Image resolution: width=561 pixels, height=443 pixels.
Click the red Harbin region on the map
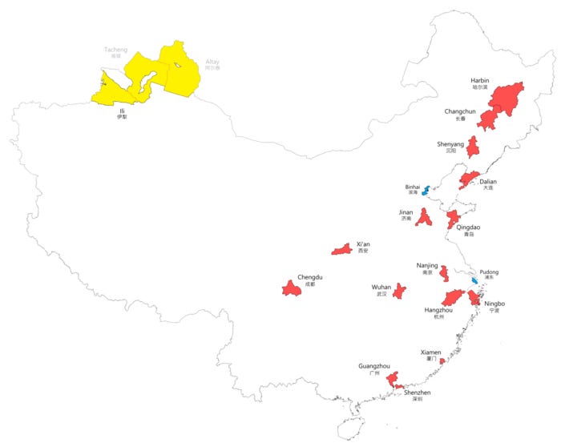[507, 98]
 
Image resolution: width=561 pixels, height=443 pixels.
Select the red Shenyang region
[473, 147]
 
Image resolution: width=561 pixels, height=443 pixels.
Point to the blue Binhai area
[426, 191]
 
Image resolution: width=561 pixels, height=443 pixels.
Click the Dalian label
[488, 182]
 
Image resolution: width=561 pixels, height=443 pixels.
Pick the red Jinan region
[424, 217]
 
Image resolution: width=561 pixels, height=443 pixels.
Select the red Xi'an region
[342, 250]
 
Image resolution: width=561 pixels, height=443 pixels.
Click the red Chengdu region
[291, 288]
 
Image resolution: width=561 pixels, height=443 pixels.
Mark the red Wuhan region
[399, 291]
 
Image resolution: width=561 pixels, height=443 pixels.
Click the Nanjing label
[427, 265]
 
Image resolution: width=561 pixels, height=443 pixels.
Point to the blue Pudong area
[474, 281]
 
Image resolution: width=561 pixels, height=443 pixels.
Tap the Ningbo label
[494, 304]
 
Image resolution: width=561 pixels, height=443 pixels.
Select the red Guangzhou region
[392, 379]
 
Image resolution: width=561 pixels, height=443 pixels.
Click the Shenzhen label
[417, 393]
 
